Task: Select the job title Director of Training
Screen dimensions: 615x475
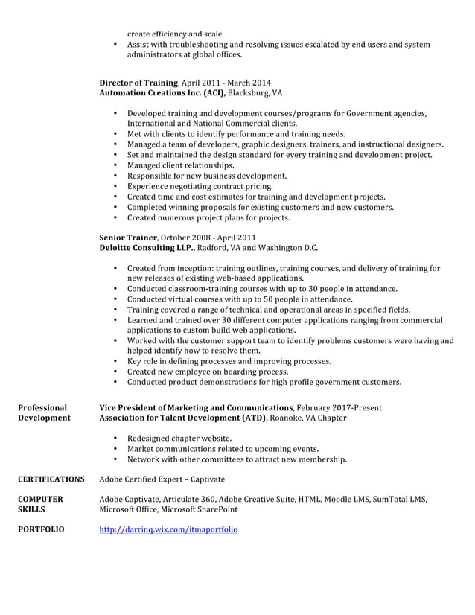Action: [x=138, y=83]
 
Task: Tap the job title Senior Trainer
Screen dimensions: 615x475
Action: [x=127, y=238]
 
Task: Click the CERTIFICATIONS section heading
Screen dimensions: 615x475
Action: [x=51, y=479]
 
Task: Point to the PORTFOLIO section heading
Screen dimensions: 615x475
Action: [x=41, y=530]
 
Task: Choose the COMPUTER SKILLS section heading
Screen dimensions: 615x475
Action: [x=40, y=504]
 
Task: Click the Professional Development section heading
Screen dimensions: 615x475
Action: [x=44, y=412]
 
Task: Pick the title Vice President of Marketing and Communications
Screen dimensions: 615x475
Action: [x=196, y=407]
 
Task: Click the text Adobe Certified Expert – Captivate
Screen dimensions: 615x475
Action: [x=162, y=479]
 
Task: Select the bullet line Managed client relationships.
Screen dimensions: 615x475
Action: [x=180, y=165]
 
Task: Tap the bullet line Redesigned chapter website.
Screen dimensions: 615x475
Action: [x=179, y=439]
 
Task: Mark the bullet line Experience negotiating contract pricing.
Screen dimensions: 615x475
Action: [x=200, y=186]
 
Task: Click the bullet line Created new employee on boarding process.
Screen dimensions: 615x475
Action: [x=207, y=372]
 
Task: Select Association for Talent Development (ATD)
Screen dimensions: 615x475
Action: [x=183, y=418]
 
